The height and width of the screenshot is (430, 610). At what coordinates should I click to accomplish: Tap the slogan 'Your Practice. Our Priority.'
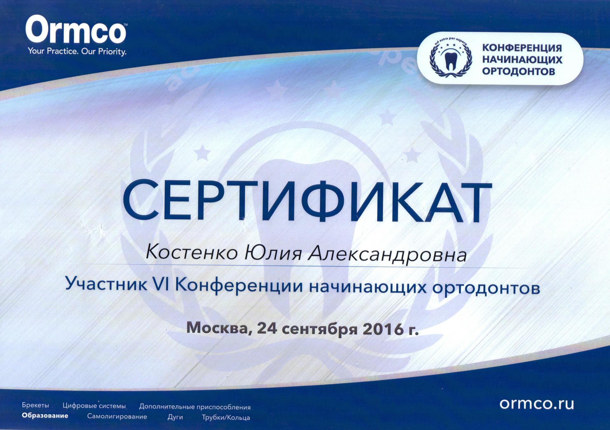click(77, 51)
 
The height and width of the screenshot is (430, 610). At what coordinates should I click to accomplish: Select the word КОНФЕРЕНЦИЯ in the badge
click(522, 48)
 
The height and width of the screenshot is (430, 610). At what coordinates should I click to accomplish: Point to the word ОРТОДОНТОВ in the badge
click(518, 71)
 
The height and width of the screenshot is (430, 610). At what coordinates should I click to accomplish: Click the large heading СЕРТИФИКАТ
click(307, 201)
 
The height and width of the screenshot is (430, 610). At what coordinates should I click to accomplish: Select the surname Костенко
click(192, 253)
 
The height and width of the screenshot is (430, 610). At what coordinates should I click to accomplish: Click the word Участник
click(106, 283)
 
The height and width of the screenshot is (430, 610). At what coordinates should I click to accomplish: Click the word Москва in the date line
click(219, 328)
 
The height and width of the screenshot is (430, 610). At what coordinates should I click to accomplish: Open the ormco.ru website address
click(537, 404)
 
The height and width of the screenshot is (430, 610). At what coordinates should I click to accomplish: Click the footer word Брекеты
click(36, 405)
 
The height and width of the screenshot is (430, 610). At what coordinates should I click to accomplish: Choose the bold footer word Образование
click(45, 415)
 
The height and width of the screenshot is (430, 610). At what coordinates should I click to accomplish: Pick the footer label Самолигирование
click(117, 416)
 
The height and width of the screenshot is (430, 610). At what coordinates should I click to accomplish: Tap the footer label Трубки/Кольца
click(226, 418)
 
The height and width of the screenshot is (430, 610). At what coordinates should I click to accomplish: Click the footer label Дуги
click(175, 417)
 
